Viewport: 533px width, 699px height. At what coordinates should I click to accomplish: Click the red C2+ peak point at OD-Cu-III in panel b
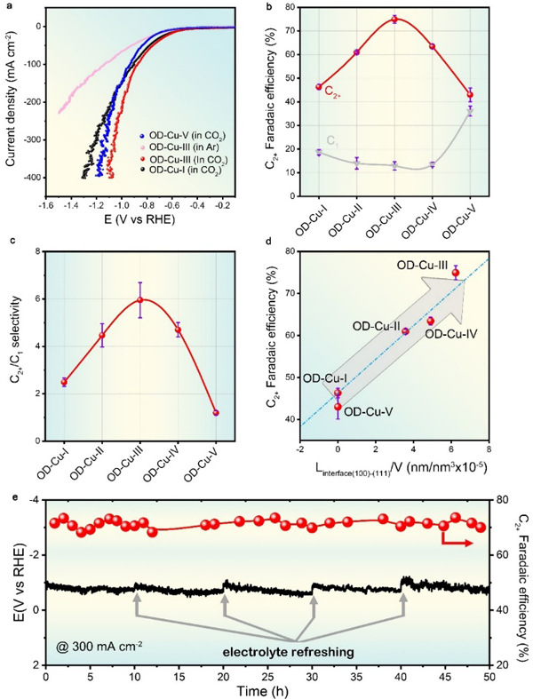point(394,19)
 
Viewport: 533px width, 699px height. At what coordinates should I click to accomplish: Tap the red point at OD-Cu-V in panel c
point(217,413)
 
